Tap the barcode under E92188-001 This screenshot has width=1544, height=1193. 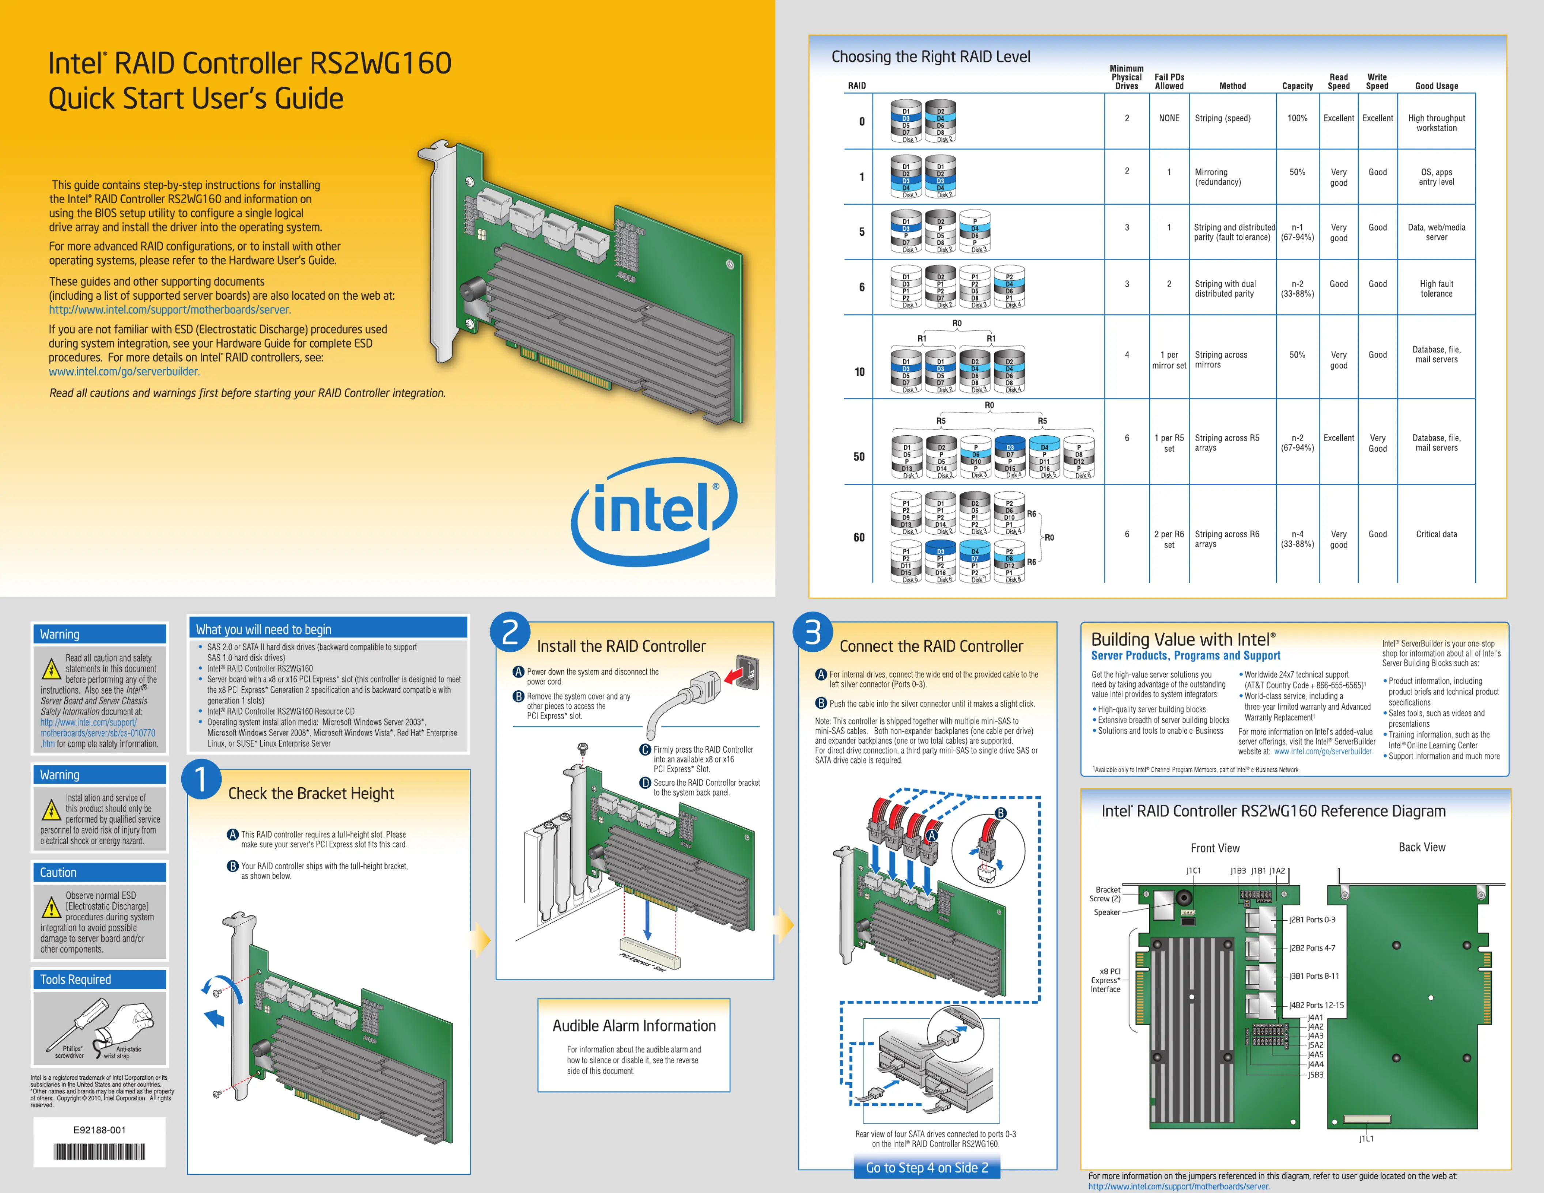99,1152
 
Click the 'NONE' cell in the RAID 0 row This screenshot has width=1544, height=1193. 1169,118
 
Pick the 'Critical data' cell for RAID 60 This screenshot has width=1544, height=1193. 1436,534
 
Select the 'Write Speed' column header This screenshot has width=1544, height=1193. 1377,81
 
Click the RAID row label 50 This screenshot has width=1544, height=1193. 859,457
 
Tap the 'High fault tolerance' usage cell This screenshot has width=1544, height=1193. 1436,288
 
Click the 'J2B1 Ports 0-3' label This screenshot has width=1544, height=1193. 1312,920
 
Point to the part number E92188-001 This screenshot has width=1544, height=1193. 99,1129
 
